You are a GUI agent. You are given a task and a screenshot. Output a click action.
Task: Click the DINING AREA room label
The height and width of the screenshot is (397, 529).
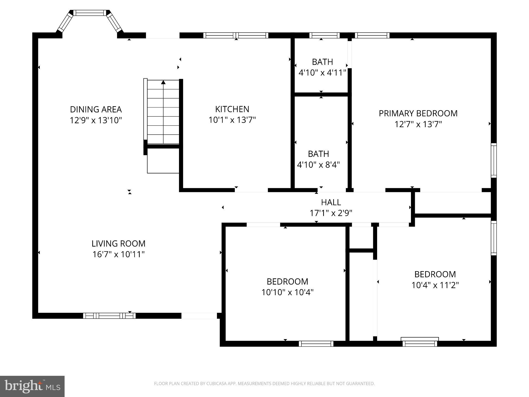pyautogui.click(x=96, y=109)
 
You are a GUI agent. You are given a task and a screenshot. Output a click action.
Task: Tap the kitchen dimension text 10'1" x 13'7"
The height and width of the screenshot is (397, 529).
pyautogui.click(x=232, y=120)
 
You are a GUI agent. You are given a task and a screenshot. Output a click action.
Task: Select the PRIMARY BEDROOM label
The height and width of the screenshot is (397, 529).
pyautogui.click(x=418, y=113)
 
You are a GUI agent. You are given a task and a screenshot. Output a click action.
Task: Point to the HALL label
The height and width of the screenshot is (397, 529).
pyautogui.click(x=331, y=202)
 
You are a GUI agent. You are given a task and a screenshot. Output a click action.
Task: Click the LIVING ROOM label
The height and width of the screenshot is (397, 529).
pyautogui.click(x=119, y=243)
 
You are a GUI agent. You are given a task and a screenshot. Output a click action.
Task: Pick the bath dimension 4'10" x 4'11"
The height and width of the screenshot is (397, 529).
pyautogui.click(x=322, y=73)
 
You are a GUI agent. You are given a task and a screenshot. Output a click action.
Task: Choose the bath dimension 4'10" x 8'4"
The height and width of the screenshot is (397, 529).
pyautogui.click(x=318, y=165)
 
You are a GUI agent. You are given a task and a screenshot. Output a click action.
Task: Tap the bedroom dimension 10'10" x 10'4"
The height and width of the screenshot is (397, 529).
pyautogui.click(x=287, y=292)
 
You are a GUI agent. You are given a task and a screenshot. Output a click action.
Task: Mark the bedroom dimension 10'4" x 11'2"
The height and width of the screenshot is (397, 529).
pyautogui.click(x=435, y=285)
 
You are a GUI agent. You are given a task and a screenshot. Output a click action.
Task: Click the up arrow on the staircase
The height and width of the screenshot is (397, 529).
pyautogui.click(x=163, y=82)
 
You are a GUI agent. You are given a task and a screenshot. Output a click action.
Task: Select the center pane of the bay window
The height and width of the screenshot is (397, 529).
pyautogui.click(x=90, y=13)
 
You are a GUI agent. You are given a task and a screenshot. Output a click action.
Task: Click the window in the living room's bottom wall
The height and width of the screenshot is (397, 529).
pyautogui.click(x=109, y=316)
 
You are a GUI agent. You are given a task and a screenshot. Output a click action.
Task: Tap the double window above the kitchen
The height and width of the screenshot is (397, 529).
pyautogui.click(x=236, y=35)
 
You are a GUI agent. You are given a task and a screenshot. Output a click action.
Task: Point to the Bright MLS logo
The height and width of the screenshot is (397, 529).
pyautogui.click(x=32, y=386)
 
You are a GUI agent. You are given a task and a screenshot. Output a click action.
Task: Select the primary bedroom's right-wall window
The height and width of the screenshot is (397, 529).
pyautogui.click(x=494, y=160)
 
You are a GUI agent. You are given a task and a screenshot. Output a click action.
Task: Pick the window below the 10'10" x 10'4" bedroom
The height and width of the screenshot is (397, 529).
pyautogui.click(x=316, y=344)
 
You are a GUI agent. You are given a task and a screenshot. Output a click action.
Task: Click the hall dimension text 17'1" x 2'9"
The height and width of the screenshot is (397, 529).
pyautogui.click(x=331, y=213)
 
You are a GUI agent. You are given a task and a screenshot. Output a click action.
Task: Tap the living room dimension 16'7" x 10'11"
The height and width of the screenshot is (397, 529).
pyautogui.click(x=119, y=254)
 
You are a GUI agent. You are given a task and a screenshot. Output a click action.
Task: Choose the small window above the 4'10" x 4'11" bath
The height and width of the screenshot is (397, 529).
pyautogui.click(x=324, y=35)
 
